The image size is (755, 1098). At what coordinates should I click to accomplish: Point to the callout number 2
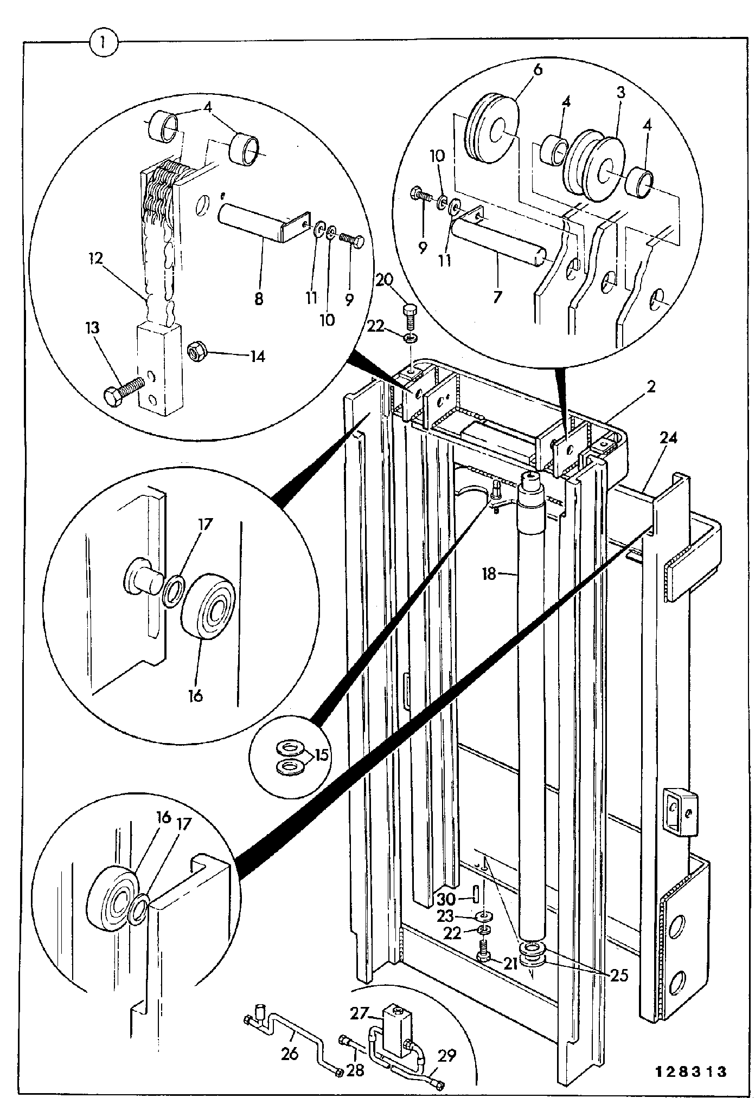click(x=651, y=386)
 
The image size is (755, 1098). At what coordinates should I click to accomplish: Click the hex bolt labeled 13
click(x=124, y=389)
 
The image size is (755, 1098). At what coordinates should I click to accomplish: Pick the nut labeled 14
click(x=196, y=353)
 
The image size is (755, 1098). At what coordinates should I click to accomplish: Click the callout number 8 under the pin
click(x=259, y=299)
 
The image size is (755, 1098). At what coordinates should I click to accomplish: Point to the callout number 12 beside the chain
click(x=95, y=258)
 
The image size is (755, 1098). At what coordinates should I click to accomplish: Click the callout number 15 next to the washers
click(x=322, y=754)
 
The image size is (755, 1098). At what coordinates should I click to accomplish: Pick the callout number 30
click(x=446, y=899)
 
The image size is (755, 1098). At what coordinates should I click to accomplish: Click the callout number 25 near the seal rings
click(x=618, y=975)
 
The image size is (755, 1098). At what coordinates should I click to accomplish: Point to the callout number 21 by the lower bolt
click(x=510, y=963)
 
